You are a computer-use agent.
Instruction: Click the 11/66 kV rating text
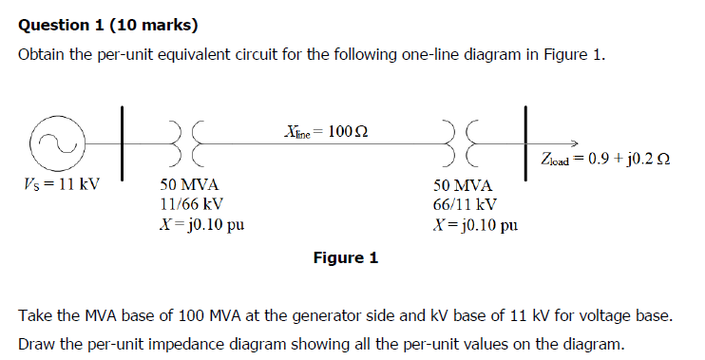click(x=191, y=204)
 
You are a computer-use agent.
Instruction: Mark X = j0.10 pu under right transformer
click(x=475, y=225)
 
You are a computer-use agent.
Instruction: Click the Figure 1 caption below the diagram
click(x=345, y=257)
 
